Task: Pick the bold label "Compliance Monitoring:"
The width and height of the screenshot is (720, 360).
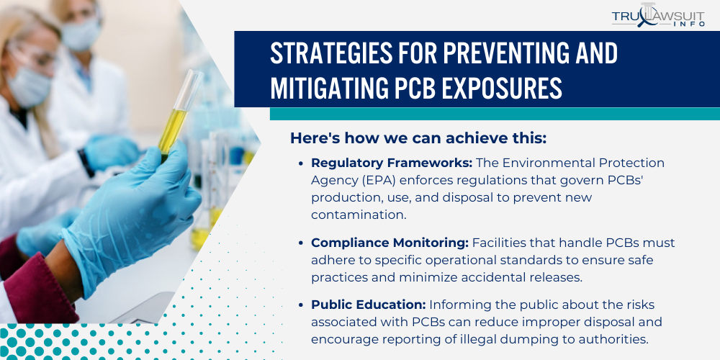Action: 390,243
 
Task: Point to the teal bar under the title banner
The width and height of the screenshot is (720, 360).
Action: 495,114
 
